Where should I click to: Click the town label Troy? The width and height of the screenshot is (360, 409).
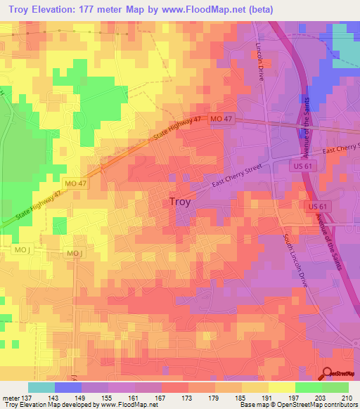(180, 202)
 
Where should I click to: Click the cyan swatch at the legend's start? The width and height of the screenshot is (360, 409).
(41, 387)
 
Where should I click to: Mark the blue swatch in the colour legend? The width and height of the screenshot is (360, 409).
(68, 387)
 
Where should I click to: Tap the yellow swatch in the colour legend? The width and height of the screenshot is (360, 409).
(281, 387)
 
